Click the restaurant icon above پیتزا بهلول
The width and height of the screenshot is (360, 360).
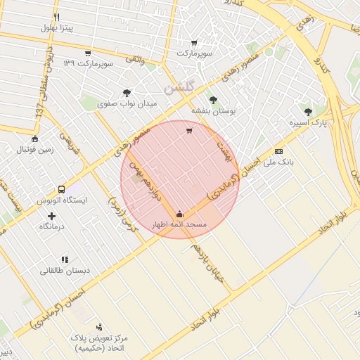point(56,17)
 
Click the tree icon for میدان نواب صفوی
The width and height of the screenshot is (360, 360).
point(127,93)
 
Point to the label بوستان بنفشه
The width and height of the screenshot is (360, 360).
point(214,111)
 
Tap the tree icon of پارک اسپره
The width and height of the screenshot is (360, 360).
point(308,111)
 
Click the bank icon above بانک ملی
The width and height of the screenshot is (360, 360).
point(279,151)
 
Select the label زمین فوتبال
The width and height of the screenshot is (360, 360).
point(35,150)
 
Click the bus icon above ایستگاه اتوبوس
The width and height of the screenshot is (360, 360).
point(61,189)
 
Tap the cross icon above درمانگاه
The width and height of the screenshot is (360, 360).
point(51,215)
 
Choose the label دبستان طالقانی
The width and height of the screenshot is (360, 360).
point(63,270)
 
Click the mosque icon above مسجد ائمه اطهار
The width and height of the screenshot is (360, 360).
point(179,214)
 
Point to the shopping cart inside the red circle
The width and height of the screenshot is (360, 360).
point(188,131)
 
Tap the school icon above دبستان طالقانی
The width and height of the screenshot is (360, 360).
point(65,259)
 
